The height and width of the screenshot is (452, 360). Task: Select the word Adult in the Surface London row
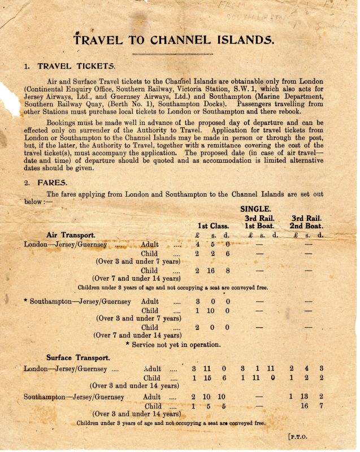click(153, 368)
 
